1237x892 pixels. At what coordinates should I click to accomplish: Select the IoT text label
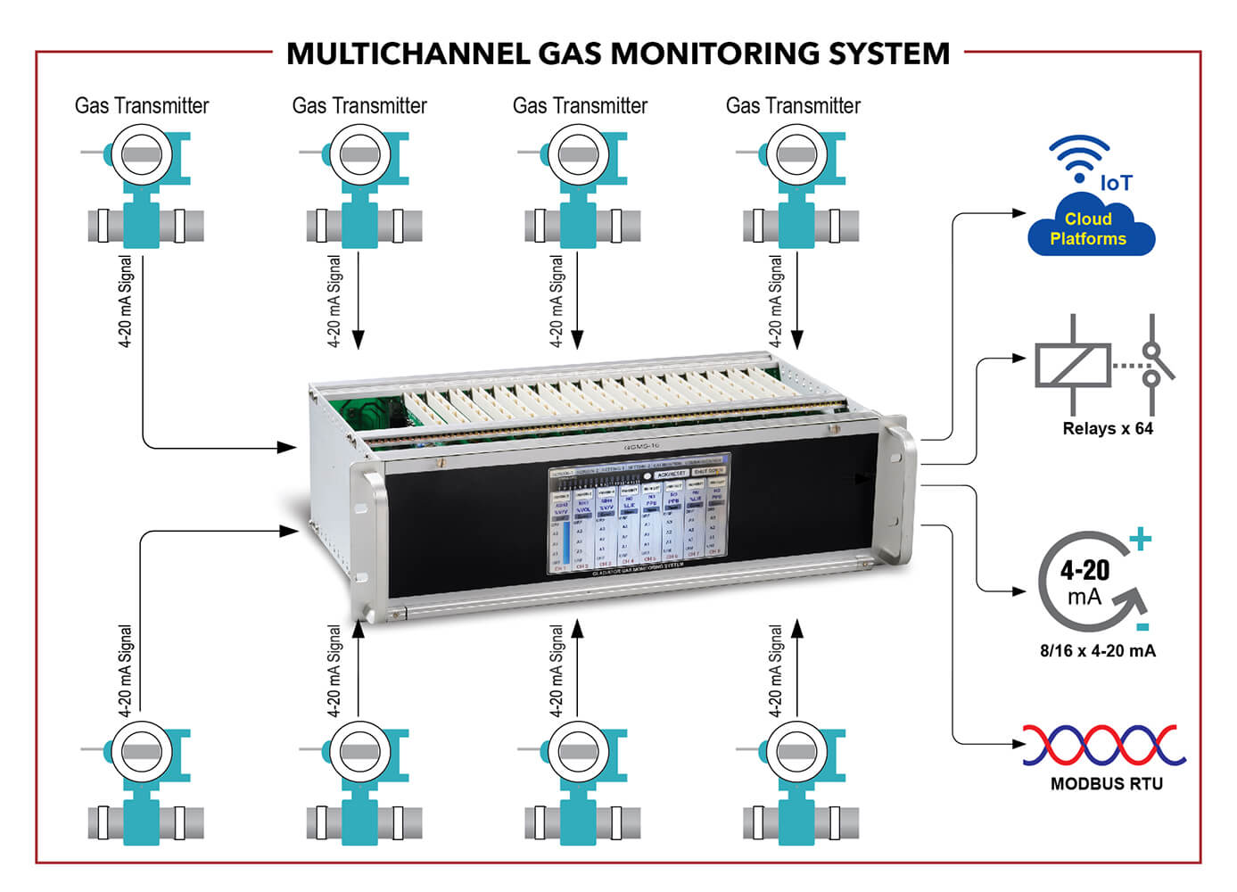[x=1116, y=183]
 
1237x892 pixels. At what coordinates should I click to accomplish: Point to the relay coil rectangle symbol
[x=1072, y=365]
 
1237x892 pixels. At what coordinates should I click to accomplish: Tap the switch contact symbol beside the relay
[x=1153, y=364]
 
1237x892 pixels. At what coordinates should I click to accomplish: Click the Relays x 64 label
[x=1108, y=429]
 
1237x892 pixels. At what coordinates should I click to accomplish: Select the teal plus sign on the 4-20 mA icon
[x=1140, y=539]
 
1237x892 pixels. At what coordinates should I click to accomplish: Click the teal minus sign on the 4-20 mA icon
[x=1142, y=626]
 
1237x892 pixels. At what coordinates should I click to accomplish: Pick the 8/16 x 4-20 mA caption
[x=1097, y=651]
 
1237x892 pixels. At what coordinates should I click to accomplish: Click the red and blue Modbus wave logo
[x=1104, y=745]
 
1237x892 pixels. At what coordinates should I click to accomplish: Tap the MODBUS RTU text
[x=1106, y=784]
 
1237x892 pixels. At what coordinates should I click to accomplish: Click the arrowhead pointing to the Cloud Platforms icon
[x=1019, y=213]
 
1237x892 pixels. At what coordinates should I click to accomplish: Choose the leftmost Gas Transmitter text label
[x=142, y=106]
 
